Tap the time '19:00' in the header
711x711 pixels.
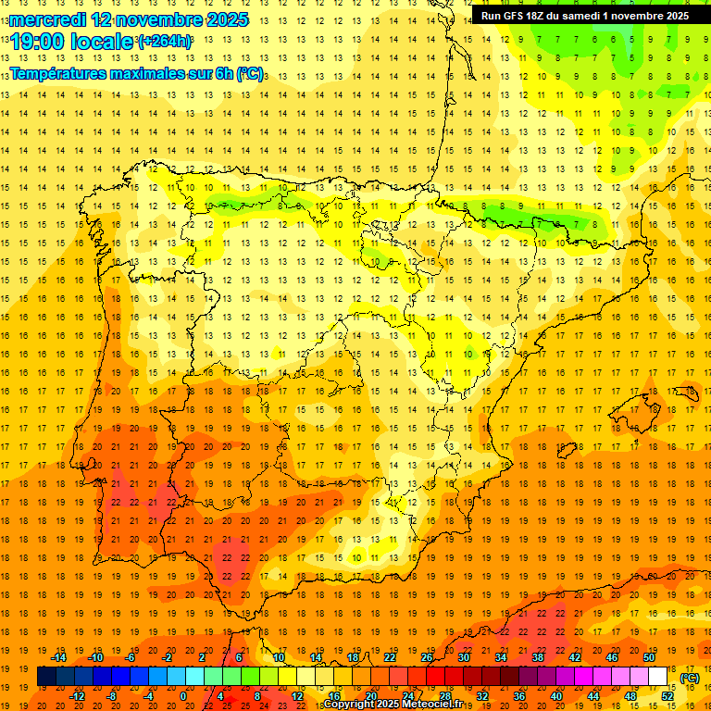(x=38, y=41)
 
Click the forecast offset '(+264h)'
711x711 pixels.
(x=166, y=41)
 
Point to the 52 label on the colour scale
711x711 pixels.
(x=667, y=695)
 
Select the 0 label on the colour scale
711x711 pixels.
(x=182, y=695)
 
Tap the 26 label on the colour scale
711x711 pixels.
(x=427, y=657)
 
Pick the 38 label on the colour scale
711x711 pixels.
(x=538, y=657)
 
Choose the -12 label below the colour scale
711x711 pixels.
(x=78, y=695)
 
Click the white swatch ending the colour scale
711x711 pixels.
(x=658, y=677)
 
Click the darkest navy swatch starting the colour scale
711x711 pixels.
(x=46, y=677)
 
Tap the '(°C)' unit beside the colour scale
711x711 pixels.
(x=690, y=678)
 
